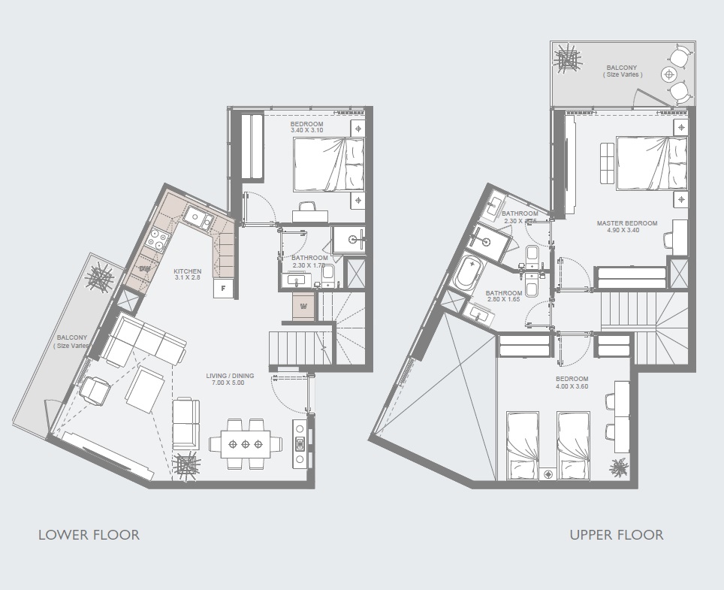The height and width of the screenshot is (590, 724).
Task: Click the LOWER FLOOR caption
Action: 89,535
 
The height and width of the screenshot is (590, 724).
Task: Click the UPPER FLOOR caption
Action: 616,535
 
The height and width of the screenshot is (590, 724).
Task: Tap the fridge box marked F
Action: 224,289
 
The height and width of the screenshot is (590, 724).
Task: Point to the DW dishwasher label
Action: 144,268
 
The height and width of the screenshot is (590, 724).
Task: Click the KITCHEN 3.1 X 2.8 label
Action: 187,274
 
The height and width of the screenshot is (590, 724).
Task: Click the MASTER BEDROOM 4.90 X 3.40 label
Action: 627,227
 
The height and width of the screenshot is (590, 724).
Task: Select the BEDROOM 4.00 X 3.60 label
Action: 572,383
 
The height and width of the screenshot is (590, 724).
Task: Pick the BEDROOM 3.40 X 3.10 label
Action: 306,127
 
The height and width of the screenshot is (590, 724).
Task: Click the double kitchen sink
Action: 200,219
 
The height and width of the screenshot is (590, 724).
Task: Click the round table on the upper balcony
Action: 669,74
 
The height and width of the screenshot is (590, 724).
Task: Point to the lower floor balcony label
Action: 73,341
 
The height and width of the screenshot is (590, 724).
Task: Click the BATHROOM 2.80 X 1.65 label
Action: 502,296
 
